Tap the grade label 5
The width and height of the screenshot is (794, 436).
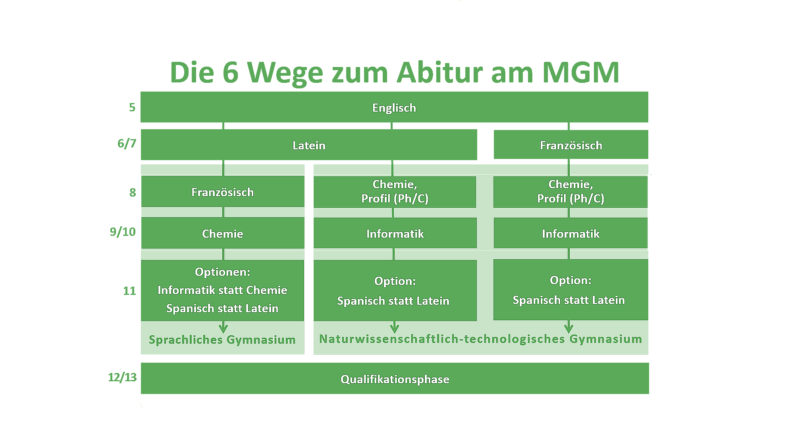pyautogui.click(x=132, y=107)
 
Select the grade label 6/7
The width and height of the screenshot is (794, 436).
pyautogui.click(x=127, y=143)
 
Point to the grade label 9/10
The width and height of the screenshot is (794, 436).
pyautogui.click(x=123, y=232)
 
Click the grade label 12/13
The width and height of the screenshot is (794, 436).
pyautogui.click(x=122, y=377)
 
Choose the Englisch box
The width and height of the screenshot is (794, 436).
pyautogui.click(x=394, y=107)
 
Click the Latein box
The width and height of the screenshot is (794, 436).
pyautogui.click(x=309, y=145)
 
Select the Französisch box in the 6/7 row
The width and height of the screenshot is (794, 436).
pyautogui.click(x=571, y=145)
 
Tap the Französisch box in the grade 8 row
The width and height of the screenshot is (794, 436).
pyautogui.click(x=223, y=191)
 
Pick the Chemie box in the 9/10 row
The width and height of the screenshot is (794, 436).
pyautogui.click(x=223, y=233)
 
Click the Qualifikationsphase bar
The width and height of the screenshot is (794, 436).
pyautogui.click(x=395, y=379)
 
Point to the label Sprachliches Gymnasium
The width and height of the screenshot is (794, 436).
pyautogui.click(x=222, y=340)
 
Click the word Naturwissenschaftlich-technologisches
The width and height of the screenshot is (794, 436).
pyautogui.click(x=442, y=339)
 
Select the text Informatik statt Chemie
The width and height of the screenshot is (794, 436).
pyautogui.click(x=222, y=290)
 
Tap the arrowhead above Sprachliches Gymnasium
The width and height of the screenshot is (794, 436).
pyautogui.click(x=224, y=328)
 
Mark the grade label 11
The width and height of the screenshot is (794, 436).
pyautogui.click(x=129, y=291)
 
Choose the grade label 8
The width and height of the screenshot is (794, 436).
pyautogui.click(x=133, y=193)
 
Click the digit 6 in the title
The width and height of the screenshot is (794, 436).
pyautogui.click(x=231, y=72)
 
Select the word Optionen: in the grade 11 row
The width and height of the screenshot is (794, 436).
pyautogui.click(x=222, y=272)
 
